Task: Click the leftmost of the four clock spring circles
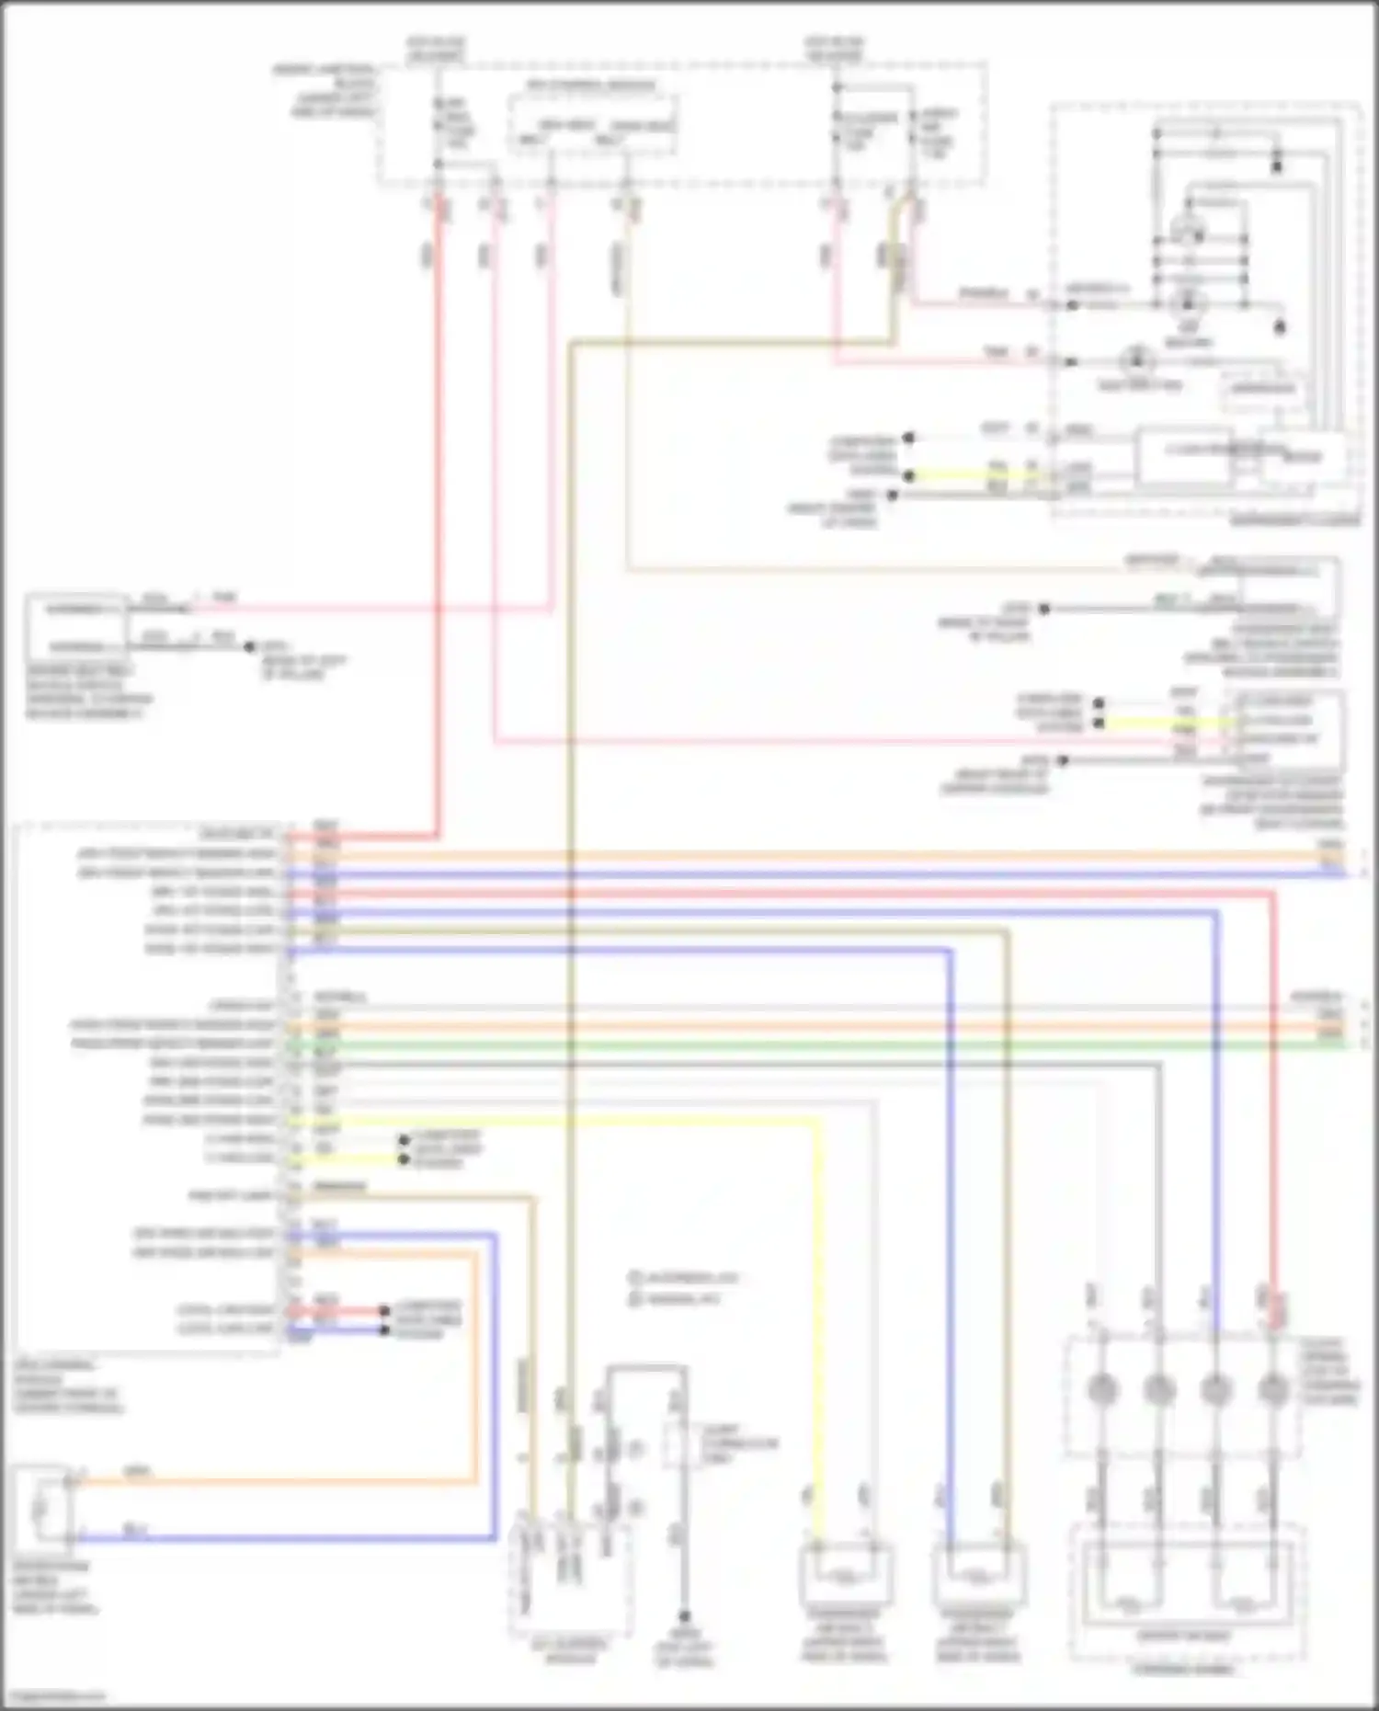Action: point(1100,1389)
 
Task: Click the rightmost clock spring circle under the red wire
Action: point(1272,1389)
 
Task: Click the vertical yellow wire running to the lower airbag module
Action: point(817,1333)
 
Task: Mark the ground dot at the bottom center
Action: point(684,1616)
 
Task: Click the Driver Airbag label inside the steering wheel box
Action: point(1184,1636)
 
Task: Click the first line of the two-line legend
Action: point(684,1278)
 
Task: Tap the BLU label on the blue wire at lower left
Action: point(135,1528)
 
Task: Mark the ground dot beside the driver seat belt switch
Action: point(249,646)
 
